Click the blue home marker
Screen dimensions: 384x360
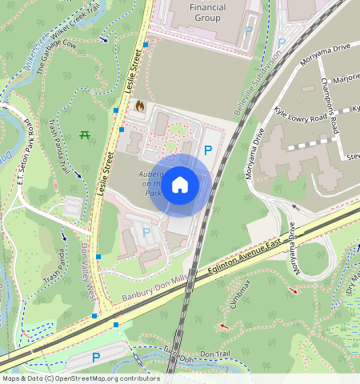(x=181, y=185)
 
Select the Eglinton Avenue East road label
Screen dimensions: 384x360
(x=241, y=261)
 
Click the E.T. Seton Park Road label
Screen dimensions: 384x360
(x=25, y=152)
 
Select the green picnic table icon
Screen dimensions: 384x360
(x=85, y=134)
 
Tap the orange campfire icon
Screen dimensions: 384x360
(x=140, y=105)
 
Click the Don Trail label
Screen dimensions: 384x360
(x=214, y=354)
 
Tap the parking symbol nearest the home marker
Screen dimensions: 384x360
(x=209, y=150)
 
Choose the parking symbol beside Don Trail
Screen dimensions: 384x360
(x=96, y=358)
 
